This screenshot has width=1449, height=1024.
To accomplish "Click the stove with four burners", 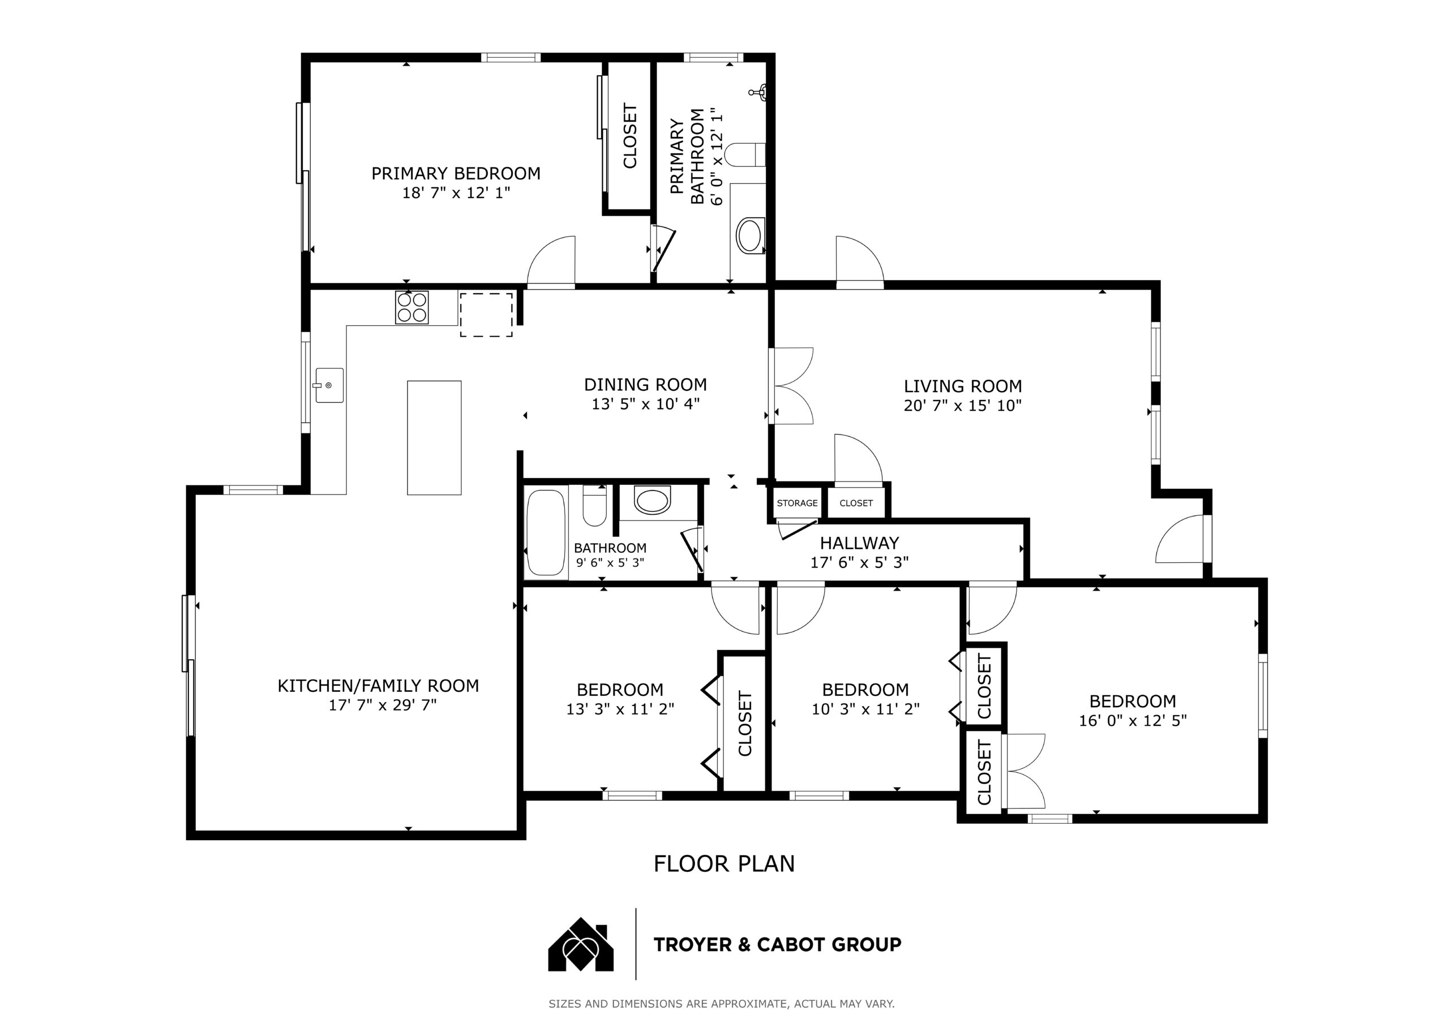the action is point(411,307).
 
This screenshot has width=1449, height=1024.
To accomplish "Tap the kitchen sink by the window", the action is point(329,385).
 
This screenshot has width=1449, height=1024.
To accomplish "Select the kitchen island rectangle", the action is point(434,437).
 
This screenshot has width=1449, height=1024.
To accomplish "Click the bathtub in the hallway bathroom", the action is point(546,532).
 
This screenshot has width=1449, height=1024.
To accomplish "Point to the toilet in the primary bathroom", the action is point(745,154).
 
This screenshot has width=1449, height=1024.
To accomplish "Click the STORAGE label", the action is point(797,503).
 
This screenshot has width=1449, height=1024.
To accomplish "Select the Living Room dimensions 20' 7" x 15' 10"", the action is point(962,406).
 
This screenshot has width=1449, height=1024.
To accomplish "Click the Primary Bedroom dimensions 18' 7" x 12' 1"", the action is point(456,192).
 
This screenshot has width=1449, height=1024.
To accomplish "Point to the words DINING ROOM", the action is point(645,384).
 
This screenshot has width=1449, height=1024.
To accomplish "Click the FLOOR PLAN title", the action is point(724,864).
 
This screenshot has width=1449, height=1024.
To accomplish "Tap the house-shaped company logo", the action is point(581,944).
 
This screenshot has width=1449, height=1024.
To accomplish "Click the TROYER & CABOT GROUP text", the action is point(778,944).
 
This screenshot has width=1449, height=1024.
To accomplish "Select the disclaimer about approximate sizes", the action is point(721,1004).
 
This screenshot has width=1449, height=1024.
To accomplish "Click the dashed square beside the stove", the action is point(486,314).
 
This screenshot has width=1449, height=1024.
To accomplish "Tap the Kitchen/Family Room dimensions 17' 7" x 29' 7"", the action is point(383,705).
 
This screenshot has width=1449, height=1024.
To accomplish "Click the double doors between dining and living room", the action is point(791,385).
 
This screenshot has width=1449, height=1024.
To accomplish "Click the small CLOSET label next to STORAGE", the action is point(856,503).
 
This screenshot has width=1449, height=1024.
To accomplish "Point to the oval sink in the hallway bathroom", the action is point(652,501).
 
